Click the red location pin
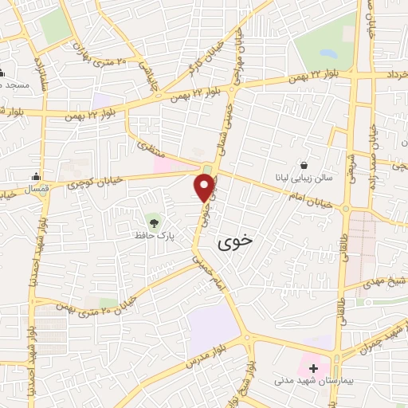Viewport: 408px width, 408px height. click(x=205, y=186)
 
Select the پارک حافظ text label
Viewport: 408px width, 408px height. click(x=152, y=236)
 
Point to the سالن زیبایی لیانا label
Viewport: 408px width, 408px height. click(x=306, y=181)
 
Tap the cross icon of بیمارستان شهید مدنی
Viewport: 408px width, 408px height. click(x=314, y=369)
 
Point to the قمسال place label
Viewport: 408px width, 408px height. click(x=16, y=190)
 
